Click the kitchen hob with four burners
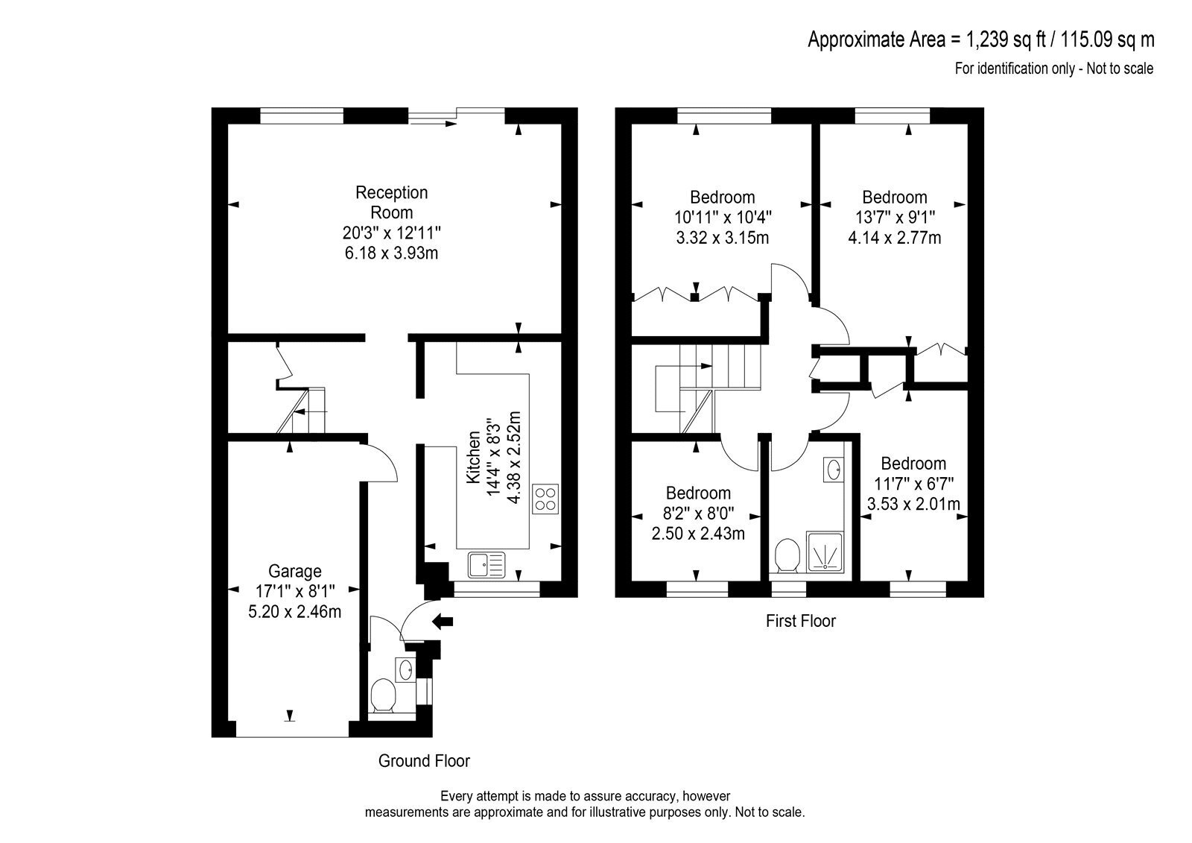click(545, 499)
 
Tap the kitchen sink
click(486, 565)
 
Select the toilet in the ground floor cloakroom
click(383, 695)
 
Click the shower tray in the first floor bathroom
click(825, 552)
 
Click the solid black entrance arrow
click(443, 621)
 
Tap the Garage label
click(295, 572)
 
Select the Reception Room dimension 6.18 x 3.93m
click(391, 253)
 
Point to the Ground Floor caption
click(424, 761)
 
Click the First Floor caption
click(801, 621)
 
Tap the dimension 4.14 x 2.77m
click(895, 238)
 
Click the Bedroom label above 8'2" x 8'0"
click(698, 493)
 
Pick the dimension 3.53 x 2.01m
click(913, 504)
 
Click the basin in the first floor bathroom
click(834, 470)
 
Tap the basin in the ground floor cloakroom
click(405, 669)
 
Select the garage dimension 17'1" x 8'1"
click(295, 591)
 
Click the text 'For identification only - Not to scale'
click(1054, 69)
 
